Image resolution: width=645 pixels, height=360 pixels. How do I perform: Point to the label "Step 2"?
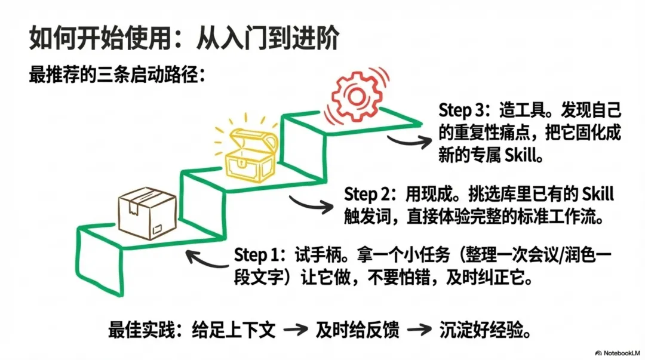tap(367, 194)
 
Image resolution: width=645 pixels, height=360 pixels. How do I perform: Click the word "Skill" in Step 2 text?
tap(597, 194)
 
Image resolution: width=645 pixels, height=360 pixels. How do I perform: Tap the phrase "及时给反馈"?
tap(358, 329)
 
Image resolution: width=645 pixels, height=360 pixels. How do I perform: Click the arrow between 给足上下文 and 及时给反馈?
tap(294, 330)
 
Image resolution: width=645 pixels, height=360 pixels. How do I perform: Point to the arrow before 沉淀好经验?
tap(419, 330)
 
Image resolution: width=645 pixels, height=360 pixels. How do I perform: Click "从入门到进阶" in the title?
tap(268, 39)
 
